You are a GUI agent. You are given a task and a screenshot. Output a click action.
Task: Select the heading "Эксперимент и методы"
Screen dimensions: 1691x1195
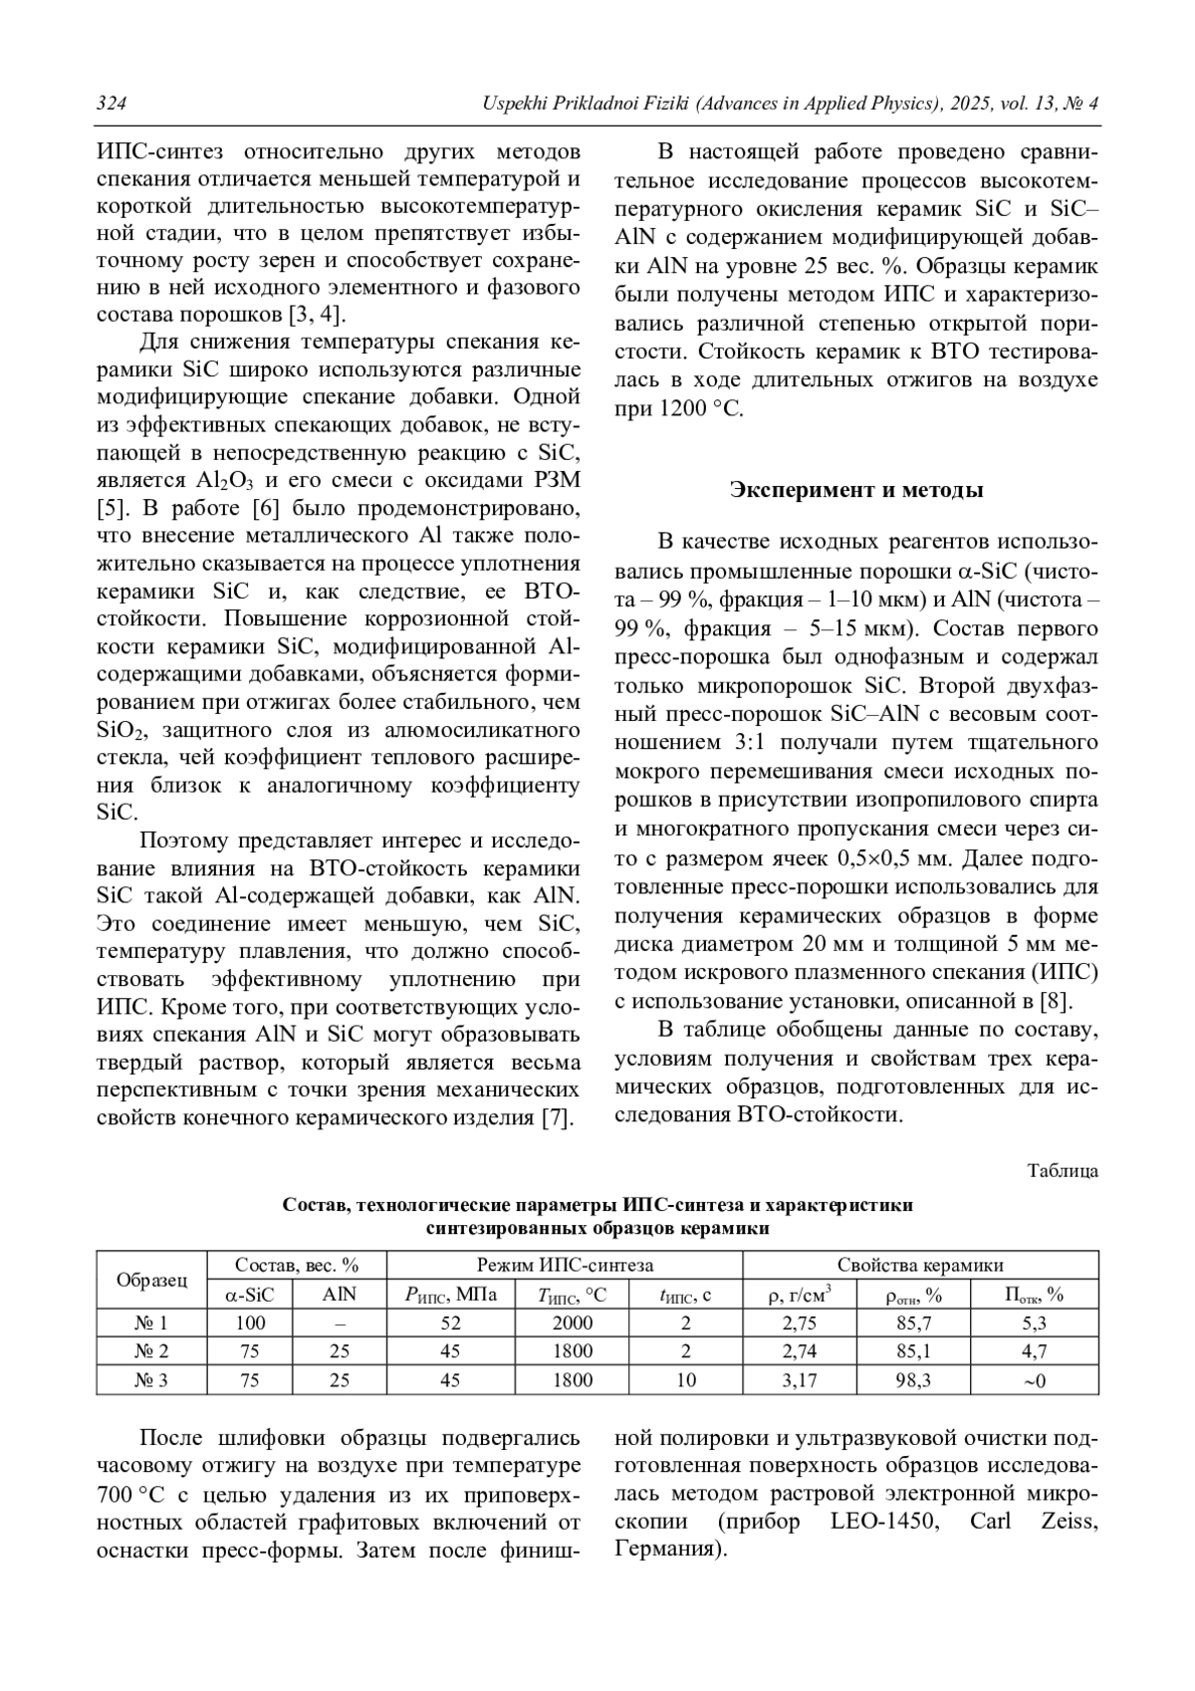(x=856, y=490)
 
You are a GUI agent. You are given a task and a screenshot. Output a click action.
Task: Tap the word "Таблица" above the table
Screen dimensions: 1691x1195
(x=1063, y=1171)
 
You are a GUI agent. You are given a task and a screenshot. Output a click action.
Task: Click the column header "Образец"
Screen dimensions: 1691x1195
(x=151, y=1280)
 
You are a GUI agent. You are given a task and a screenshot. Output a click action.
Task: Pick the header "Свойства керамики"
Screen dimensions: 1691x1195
(x=920, y=1265)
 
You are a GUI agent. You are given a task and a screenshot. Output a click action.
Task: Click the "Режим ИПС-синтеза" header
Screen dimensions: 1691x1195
(x=565, y=1265)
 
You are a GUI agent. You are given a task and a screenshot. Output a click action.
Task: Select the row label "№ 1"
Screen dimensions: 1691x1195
(x=151, y=1323)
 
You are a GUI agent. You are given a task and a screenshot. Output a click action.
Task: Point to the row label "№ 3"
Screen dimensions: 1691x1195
(x=151, y=1380)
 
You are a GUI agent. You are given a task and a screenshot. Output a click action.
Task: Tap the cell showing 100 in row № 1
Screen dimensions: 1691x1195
(x=251, y=1323)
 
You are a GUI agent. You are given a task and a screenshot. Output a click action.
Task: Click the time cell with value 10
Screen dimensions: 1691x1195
(x=685, y=1380)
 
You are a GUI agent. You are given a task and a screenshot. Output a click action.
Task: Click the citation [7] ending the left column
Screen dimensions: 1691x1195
(x=558, y=1117)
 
